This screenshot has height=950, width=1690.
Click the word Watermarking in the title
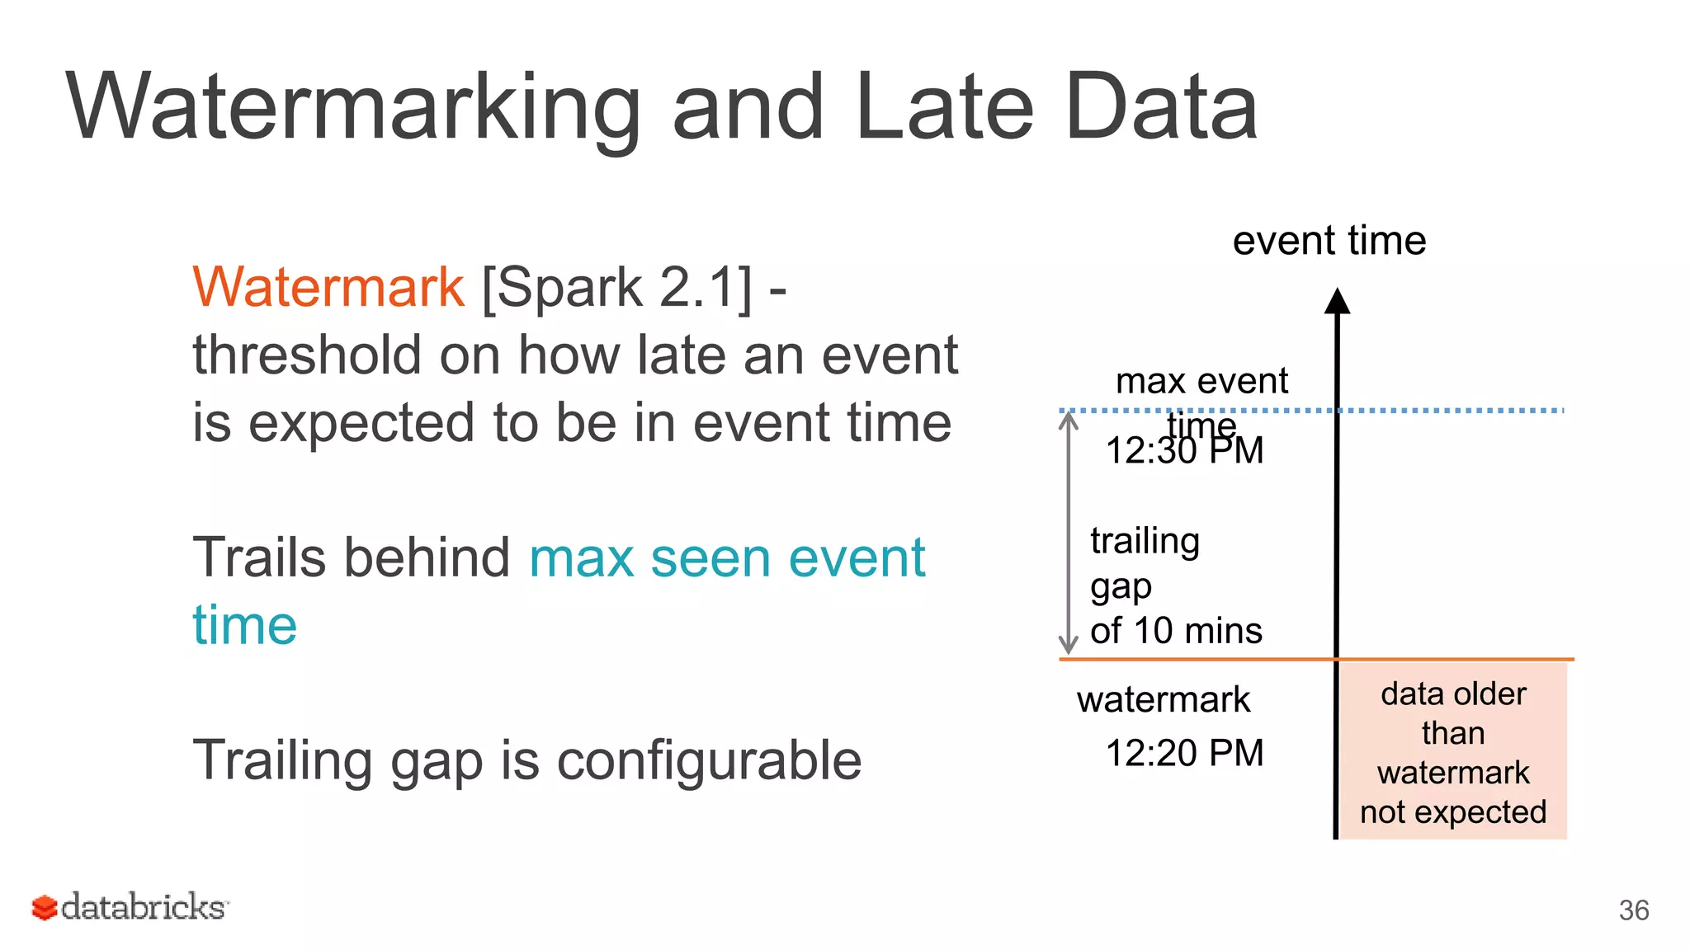[353, 108]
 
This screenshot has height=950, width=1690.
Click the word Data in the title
[1160, 108]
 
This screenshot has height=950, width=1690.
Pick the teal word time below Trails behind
[244, 625]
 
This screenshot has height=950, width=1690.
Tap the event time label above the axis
[1329, 241]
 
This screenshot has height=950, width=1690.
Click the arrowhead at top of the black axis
[1337, 301]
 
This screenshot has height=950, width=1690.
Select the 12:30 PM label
[1184, 451]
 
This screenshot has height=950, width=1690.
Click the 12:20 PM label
[1184, 753]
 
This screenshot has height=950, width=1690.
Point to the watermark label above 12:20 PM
[1163, 699]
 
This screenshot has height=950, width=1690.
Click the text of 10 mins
[1176, 631]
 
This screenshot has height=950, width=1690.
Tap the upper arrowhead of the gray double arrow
[1069, 418]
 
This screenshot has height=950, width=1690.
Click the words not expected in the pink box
[1452, 812]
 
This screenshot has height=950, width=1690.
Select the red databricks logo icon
[45, 908]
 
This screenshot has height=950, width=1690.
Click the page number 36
[1633, 910]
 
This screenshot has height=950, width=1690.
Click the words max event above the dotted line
[1201, 381]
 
